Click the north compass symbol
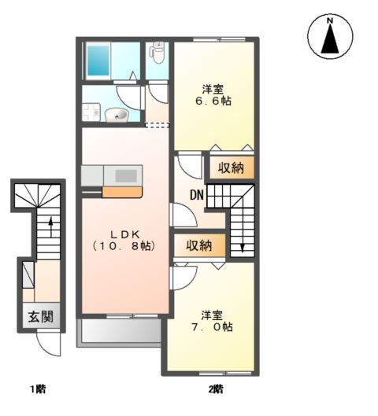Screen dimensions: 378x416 (330, 36)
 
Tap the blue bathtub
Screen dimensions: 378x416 (98, 61)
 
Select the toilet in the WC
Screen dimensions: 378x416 (157, 53)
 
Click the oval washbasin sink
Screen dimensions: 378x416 (117, 115)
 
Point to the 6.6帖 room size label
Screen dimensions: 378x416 (213, 101)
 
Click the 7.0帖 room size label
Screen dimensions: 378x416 (213, 327)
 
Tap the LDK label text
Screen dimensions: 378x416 (125, 234)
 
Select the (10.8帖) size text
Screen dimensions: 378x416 (124, 247)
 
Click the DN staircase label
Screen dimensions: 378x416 (197, 196)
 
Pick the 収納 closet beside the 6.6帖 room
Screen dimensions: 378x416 (231, 168)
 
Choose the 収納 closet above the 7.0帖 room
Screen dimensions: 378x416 (199, 245)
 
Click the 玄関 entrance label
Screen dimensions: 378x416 (41, 316)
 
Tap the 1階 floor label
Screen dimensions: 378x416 (38, 389)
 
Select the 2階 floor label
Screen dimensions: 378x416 (216, 389)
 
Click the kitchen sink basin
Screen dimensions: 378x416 (126, 175)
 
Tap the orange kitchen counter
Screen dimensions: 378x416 (122, 193)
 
